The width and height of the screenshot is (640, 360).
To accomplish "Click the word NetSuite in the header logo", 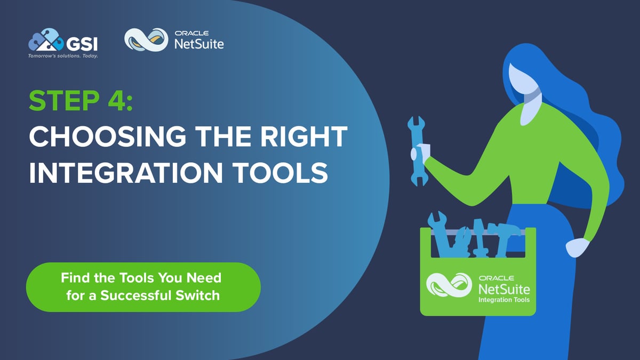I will [x=199, y=44].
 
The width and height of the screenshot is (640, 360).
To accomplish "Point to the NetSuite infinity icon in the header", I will [x=143, y=40].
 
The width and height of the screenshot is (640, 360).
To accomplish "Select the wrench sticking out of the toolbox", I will [x=439, y=229].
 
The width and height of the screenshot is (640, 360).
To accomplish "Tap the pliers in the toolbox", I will [x=462, y=240].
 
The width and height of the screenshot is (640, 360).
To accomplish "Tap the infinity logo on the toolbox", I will [x=449, y=286].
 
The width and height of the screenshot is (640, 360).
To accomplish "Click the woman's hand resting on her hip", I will [x=577, y=247].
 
